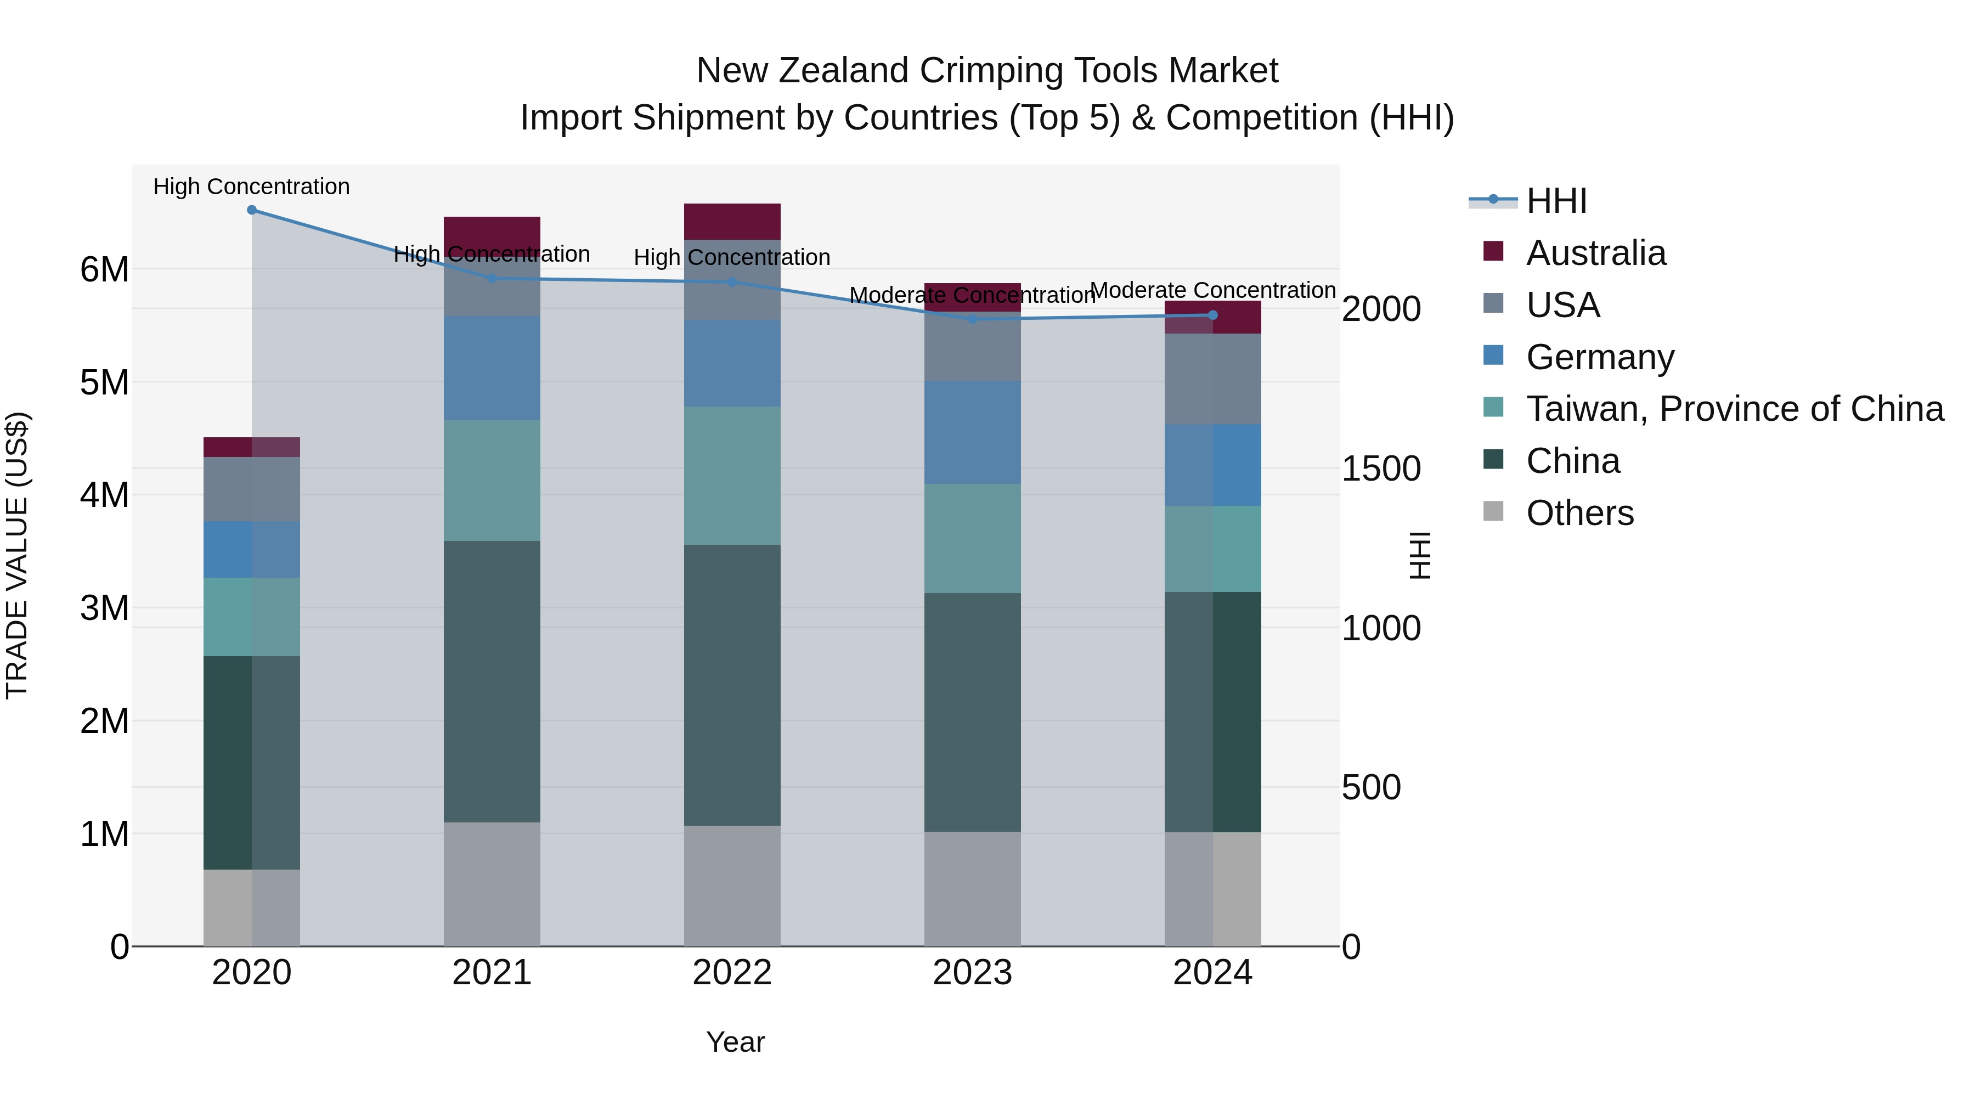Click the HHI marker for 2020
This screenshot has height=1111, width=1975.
(251, 210)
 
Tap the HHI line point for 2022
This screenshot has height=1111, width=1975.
(732, 282)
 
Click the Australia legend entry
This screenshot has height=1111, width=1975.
(1595, 253)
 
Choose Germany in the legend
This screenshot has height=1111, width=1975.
(1599, 357)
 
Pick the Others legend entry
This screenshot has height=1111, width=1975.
(1579, 513)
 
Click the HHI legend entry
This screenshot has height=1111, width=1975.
(1556, 201)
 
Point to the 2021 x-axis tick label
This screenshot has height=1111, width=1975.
(492, 973)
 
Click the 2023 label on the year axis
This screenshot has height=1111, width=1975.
(972, 973)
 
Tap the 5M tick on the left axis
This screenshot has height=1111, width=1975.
(105, 382)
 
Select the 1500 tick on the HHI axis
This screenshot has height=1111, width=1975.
(1381, 469)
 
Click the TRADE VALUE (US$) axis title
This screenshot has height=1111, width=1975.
(18, 555)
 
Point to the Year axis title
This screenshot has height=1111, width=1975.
(735, 1042)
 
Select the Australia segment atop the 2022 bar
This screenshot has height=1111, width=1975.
(732, 222)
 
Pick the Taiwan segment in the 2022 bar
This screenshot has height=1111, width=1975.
(732, 475)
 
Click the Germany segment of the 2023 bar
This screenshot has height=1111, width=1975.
(972, 432)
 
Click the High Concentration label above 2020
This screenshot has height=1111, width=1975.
(251, 187)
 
